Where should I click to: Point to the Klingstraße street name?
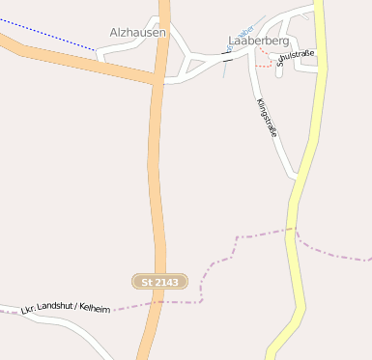coord(267,118)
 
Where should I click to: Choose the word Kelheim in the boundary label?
coord(96,309)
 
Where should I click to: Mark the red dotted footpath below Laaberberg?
coord(264,66)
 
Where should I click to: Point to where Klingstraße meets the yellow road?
coord(296,177)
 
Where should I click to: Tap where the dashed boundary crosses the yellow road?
coord(292,230)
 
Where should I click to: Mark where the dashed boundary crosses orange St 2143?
coord(153,303)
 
